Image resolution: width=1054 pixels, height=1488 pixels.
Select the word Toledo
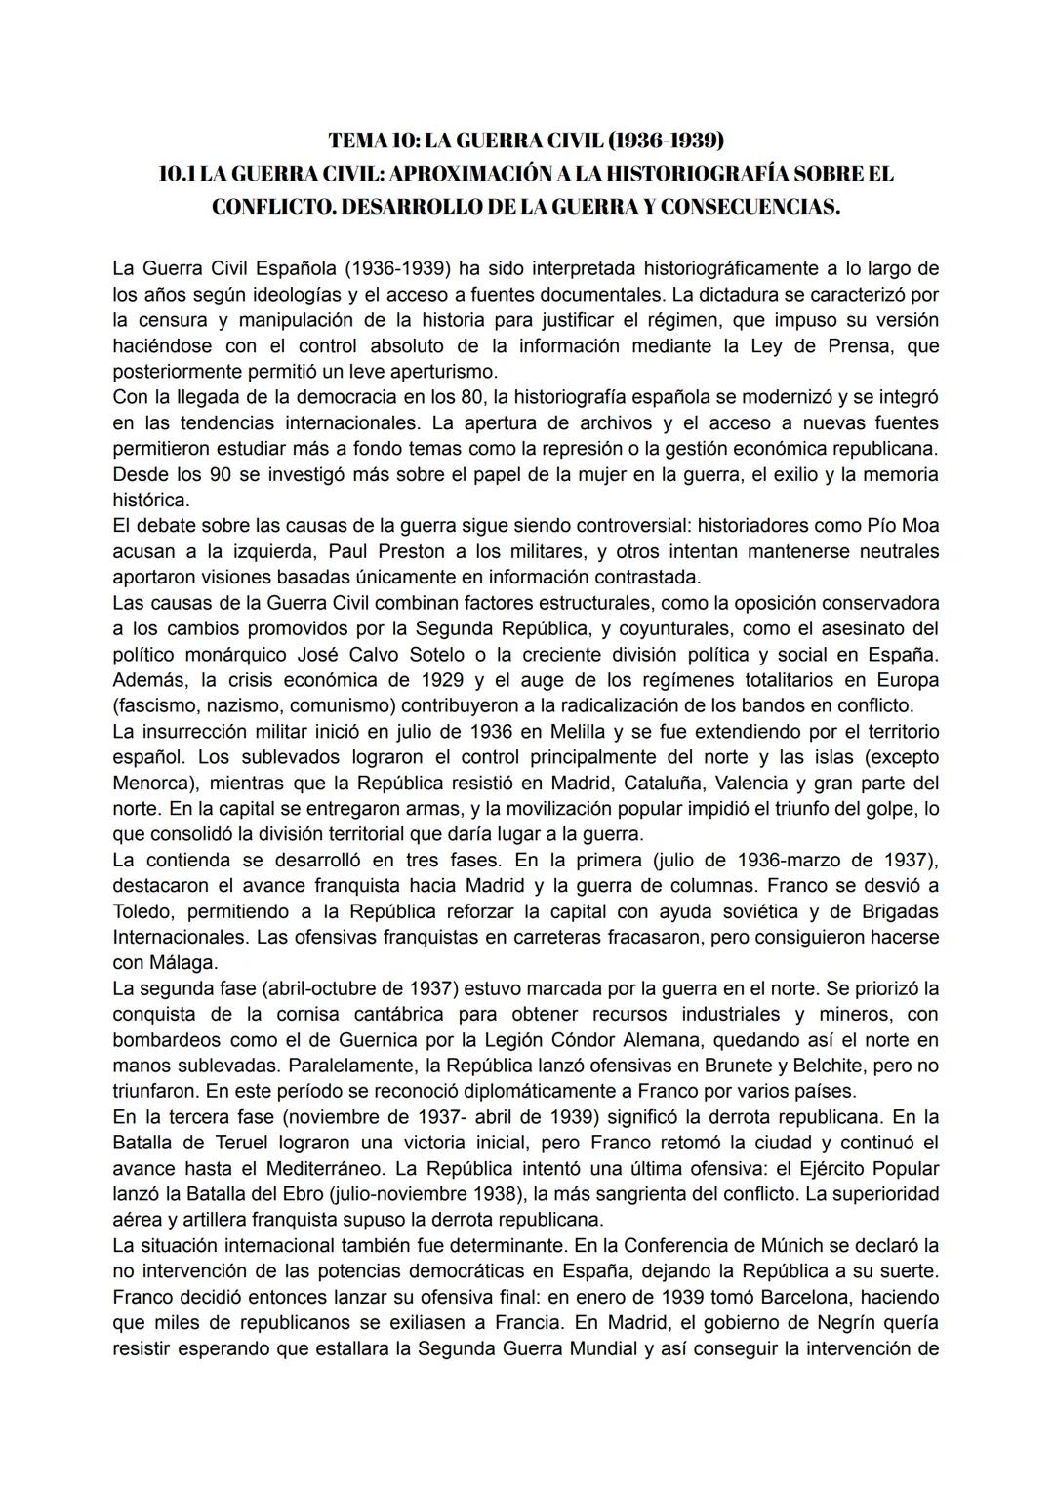(x=142, y=911)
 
